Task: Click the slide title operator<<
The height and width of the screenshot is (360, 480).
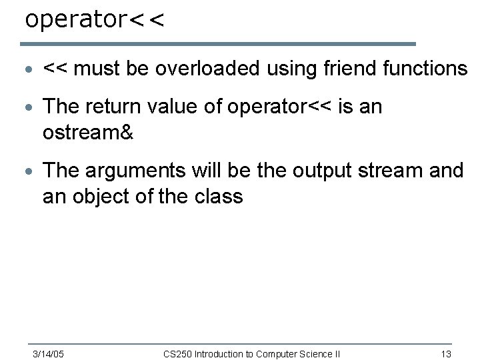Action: pyautogui.click(x=94, y=19)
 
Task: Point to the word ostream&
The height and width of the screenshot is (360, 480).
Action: pyautogui.click(x=88, y=133)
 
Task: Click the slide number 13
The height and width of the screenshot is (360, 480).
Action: pyautogui.click(x=447, y=353)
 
